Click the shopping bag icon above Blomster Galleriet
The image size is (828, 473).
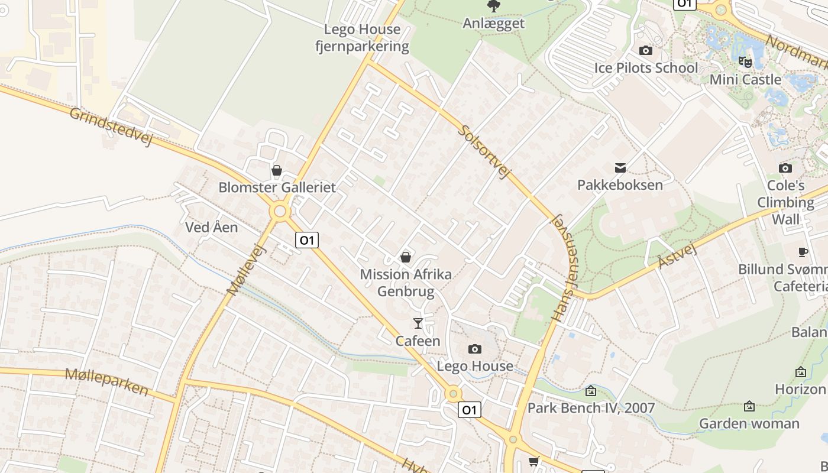276,171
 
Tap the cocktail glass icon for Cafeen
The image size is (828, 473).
418,323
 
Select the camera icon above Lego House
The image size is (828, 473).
474,349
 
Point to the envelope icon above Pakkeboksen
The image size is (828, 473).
620,168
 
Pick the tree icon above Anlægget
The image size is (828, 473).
493,7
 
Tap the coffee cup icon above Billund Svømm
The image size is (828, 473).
803,252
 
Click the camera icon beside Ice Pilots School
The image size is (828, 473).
646,51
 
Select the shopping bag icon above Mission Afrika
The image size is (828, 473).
406,257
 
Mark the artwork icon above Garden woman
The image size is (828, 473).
749,406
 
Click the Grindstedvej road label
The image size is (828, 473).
111,127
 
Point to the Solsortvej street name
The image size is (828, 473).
484,151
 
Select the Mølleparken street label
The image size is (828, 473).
106,381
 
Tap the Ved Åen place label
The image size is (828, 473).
212,227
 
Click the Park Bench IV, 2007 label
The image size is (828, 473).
591,408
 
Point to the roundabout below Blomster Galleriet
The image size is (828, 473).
280,211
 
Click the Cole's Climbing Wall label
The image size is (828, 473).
785,202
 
